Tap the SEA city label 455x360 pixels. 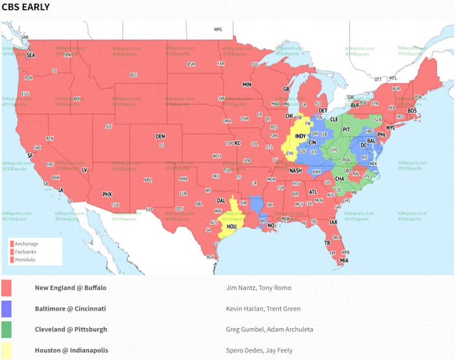click(31, 55)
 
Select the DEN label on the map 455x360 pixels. click(160, 136)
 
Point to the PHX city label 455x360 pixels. click(107, 194)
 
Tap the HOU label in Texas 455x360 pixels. click(231, 226)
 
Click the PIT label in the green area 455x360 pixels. click(346, 129)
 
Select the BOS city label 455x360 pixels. click(412, 110)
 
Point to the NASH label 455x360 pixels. click(296, 170)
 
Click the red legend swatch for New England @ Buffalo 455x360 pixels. click(11, 288)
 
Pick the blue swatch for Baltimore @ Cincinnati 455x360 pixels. click(11, 309)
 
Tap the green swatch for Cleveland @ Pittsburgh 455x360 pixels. click(11, 329)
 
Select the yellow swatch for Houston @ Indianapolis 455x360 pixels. click(11, 350)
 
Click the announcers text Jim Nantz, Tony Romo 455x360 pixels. click(253, 288)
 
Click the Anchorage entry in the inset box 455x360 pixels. click(28, 244)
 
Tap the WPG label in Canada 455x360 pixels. click(218, 30)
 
